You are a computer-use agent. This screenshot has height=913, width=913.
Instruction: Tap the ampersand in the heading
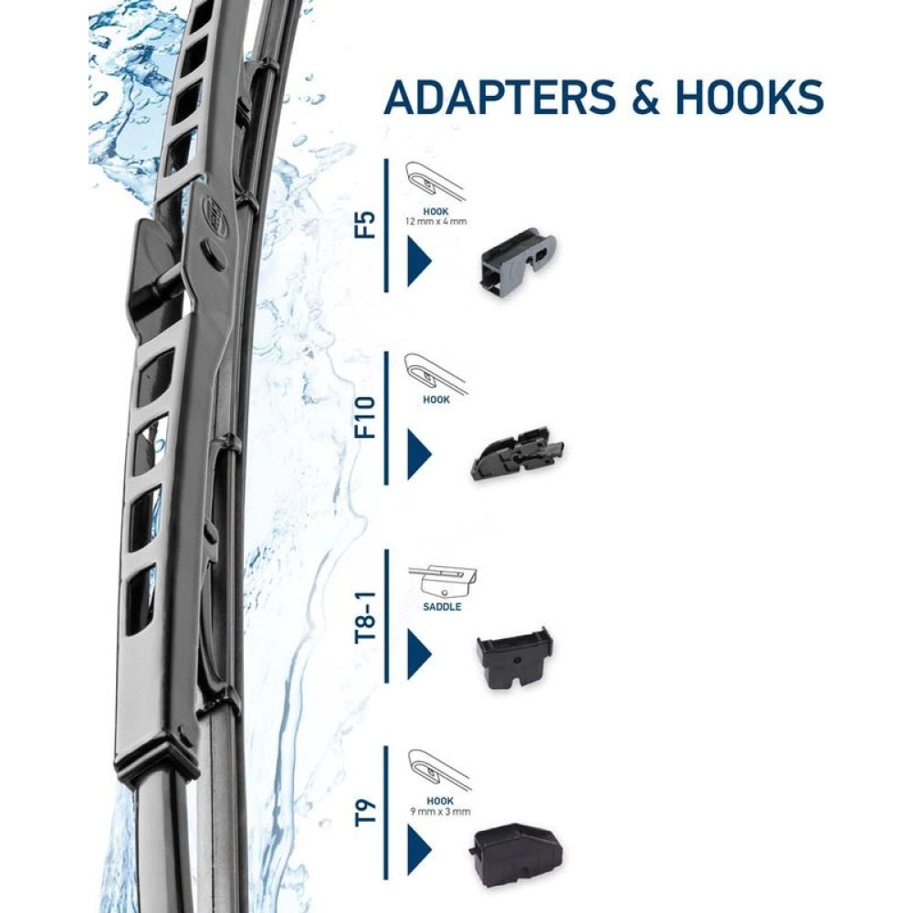[x=644, y=97]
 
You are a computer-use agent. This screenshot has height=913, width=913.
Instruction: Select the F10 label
[x=364, y=418]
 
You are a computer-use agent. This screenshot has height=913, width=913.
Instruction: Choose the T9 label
[x=364, y=812]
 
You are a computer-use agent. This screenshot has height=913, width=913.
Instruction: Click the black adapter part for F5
[x=517, y=260]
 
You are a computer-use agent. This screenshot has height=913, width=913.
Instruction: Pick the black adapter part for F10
[x=517, y=452]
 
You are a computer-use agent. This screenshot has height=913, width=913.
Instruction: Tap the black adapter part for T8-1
[x=514, y=656]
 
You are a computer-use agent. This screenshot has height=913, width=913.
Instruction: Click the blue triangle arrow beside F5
[x=418, y=261]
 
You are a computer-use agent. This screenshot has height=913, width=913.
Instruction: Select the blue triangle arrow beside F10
[x=418, y=454]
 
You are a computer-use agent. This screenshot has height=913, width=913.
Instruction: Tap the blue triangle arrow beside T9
[x=418, y=848]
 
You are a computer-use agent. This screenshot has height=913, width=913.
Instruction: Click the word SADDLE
[x=442, y=606]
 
